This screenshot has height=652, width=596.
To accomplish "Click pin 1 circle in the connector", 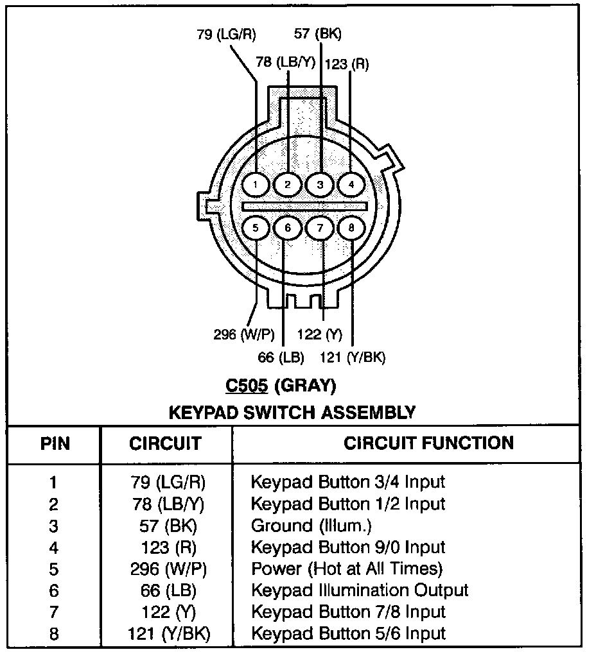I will pyautogui.click(x=256, y=185).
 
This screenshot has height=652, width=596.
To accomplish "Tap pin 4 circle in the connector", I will pyautogui.click(x=351, y=185).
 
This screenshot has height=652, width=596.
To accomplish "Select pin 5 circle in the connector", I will pyautogui.click(x=256, y=227).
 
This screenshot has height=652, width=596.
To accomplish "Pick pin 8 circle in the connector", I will pyautogui.click(x=351, y=227).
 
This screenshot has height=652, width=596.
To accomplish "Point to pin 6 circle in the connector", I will pyautogui.click(x=288, y=227).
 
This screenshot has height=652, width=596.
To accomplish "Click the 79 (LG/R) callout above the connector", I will pyautogui.click(x=225, y=35).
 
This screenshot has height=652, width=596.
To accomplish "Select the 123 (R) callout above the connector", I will pyautogui.click(x=347, y=64).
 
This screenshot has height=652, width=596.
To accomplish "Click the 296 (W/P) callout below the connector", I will pyautogui.click(x=243, y=334).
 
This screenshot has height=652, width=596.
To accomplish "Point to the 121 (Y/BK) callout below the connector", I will pyautogui.click(x=353, y=357).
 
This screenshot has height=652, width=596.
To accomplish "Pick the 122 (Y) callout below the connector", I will pyautogui.click(x=319, y=334).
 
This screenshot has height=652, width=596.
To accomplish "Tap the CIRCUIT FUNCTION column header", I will pyautogui.click(x=428, y=443).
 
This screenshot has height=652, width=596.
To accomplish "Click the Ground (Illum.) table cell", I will pyautogui.click(x=311, y=526).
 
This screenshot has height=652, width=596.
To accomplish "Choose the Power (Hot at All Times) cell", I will pyautogui.click(x=347, y=569).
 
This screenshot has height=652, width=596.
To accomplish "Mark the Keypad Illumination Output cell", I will pyautogui.click(x=359, y=590).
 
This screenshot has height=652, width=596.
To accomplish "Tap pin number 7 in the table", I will pyautogui.click(x=54, y=612).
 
